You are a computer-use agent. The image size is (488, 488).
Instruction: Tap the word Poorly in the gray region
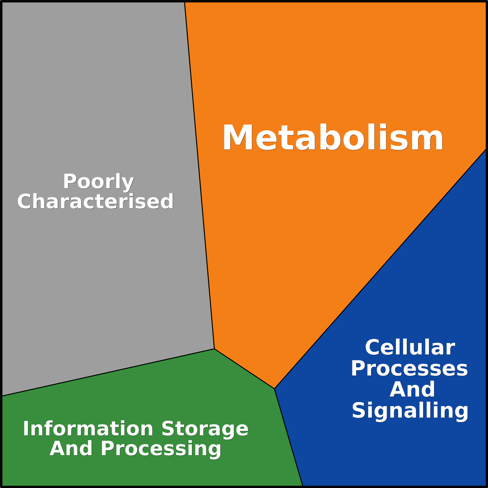click(x=98, y=182)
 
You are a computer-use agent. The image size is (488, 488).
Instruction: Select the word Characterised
click(x=95, y=201)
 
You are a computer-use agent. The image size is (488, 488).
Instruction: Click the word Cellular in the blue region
click(x=410, y=348)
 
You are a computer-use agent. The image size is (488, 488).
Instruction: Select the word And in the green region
click(x=71, y=449)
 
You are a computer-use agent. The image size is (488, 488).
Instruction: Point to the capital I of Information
click(x=25, y=429)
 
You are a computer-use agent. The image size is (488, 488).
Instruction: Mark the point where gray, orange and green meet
click(x=214, y=349)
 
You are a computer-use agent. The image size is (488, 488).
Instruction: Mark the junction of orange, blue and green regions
click(x=274, y=389)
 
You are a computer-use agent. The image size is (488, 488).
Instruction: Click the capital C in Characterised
click(x=24, y=201)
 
